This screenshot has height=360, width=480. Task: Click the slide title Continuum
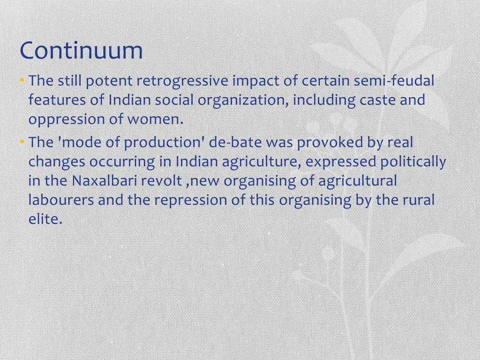[81, 51]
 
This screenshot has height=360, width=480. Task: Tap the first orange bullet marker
[22, 81]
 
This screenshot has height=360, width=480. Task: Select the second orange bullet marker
[22, 142]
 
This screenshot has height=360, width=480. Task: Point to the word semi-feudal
[394, 81]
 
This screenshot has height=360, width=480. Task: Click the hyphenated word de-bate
[237, 142]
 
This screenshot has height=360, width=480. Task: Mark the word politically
[413, 162]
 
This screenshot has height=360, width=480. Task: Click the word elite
[45, 219]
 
